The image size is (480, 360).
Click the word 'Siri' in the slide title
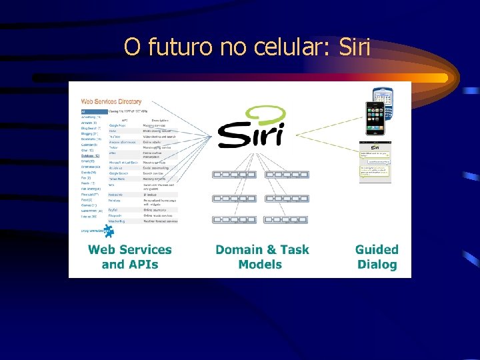[355, 47]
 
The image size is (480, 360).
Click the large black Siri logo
[251, 135]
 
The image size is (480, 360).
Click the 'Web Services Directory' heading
[111, 101]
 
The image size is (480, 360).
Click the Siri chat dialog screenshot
[375, 161]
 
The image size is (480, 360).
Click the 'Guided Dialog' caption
[377, 257]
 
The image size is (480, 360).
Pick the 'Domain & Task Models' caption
[262, 257]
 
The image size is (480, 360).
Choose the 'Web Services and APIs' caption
[129, 257]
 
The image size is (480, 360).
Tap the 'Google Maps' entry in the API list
[117, 125]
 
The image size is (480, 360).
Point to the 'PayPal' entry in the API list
[113, 209]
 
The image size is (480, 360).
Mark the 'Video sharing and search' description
[160, 137]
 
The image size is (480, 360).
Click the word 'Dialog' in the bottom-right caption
[377, 264]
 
